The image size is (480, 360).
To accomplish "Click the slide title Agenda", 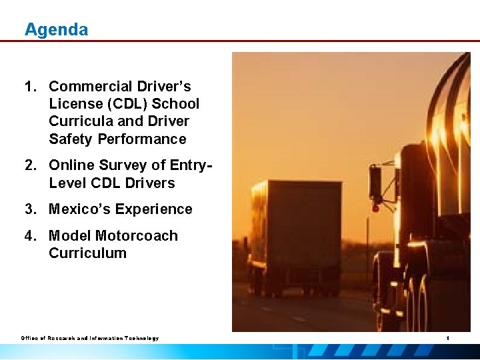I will [x=56, y=30].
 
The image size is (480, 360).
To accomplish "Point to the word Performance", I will [x=142, y=139].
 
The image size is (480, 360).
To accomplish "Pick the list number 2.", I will [x=30, y=165].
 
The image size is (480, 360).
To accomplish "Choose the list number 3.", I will [x=30, y=209].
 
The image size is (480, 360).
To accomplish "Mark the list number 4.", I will [x=30, y=236].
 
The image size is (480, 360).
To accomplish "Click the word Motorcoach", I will [x=137, y=236].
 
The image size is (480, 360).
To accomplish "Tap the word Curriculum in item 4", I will [x=87, y=253].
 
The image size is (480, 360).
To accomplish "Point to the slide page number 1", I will [x=448, y=339].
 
